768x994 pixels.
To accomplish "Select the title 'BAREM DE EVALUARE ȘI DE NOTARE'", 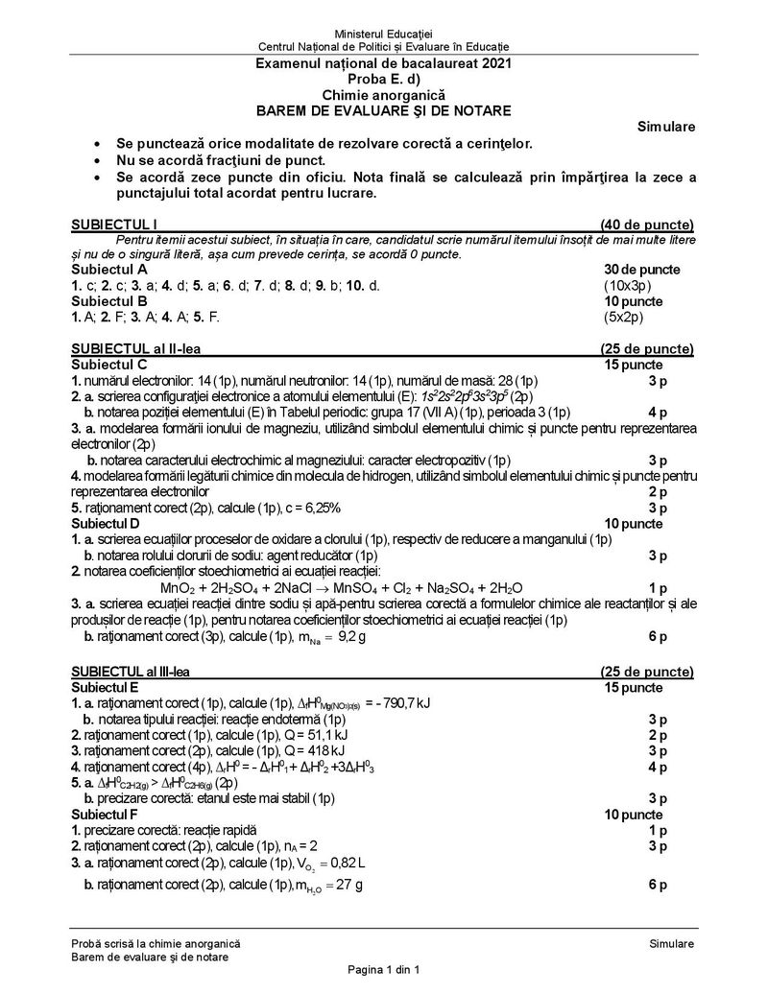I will (383, 110).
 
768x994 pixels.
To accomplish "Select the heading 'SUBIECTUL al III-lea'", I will (138, 672).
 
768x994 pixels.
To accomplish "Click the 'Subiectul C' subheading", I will (108, 365).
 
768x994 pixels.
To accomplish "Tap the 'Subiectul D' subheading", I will (108, 523).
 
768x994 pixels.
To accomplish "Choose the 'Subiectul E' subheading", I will (108, 688).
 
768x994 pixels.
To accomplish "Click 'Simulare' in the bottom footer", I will (671, 945).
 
